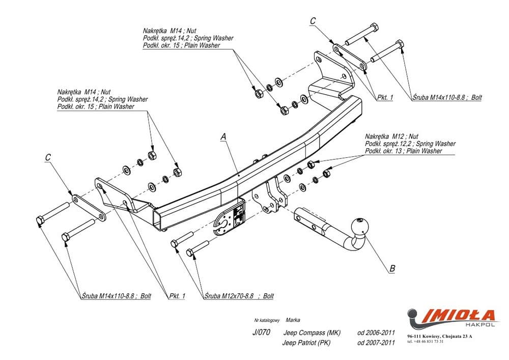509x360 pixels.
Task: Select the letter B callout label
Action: pyautogui.click(x=392, y=268)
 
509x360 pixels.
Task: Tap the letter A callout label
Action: pyautogui.click(x=223, y=136)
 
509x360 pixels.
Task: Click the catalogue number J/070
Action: pyautogui.click(x=261, y=333)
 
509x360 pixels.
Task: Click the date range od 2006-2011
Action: pyautogui.click(x=376, y=333)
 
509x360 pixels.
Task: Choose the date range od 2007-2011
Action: pyautogui.click(x=376, y=343)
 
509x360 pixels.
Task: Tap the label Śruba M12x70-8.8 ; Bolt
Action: pyautogui.click(x=239, y=296)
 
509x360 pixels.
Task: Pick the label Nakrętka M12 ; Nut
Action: pyautogui.click(x=391, y=137)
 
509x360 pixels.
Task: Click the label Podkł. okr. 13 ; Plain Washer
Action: pyautogui.click(x=404, y=151)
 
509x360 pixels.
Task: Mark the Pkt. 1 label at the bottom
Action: pyautogui.click(x=177, y=296)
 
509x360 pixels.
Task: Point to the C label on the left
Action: pyautogui.click(x=47, y=158)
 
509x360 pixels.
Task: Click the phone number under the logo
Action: pyautogui.click(x=426, y=341)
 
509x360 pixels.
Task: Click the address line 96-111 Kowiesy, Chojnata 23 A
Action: pyautogui.click(x=440, y=336)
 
